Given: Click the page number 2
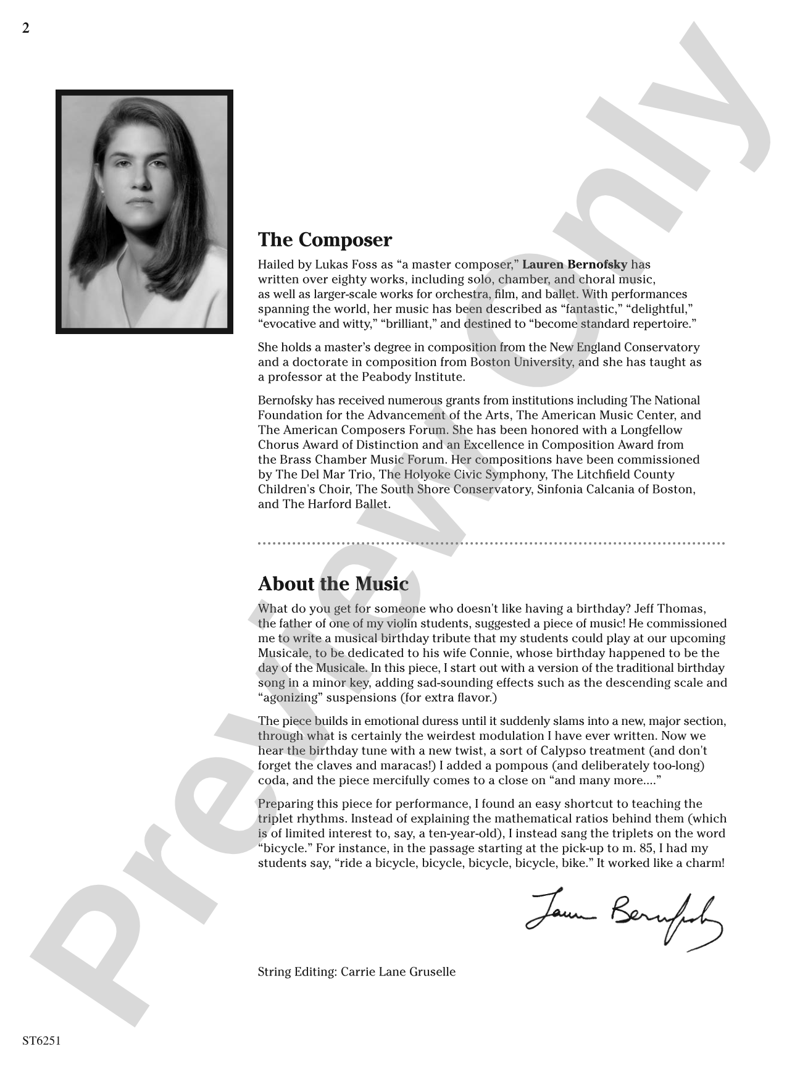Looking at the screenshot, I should [x=25, y=28].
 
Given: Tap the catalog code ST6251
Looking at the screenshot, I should [x=41, y=1040].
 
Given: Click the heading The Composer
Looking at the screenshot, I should [x=325, y=240].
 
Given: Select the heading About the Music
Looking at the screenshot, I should [x=333, y=584].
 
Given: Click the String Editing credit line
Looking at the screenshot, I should [x=356, y=972].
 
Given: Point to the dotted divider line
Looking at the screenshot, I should [x=491, y=543].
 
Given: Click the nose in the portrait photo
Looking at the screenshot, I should [x=141, y=179].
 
